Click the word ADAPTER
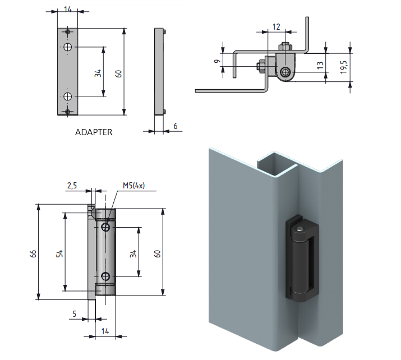click(x=94, y=132)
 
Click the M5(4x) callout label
click(x=133, y=186)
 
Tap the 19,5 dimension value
click(x=344, y=67)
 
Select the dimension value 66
click(x=33, y=253)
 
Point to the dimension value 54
click(x=59, y=253)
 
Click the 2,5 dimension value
click(x=72, y=186)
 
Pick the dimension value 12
click(x=276, y=26)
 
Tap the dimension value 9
click(x=218, y=61)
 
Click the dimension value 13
click(x=320, y=65)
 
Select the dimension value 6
click(x=176, y=126)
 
